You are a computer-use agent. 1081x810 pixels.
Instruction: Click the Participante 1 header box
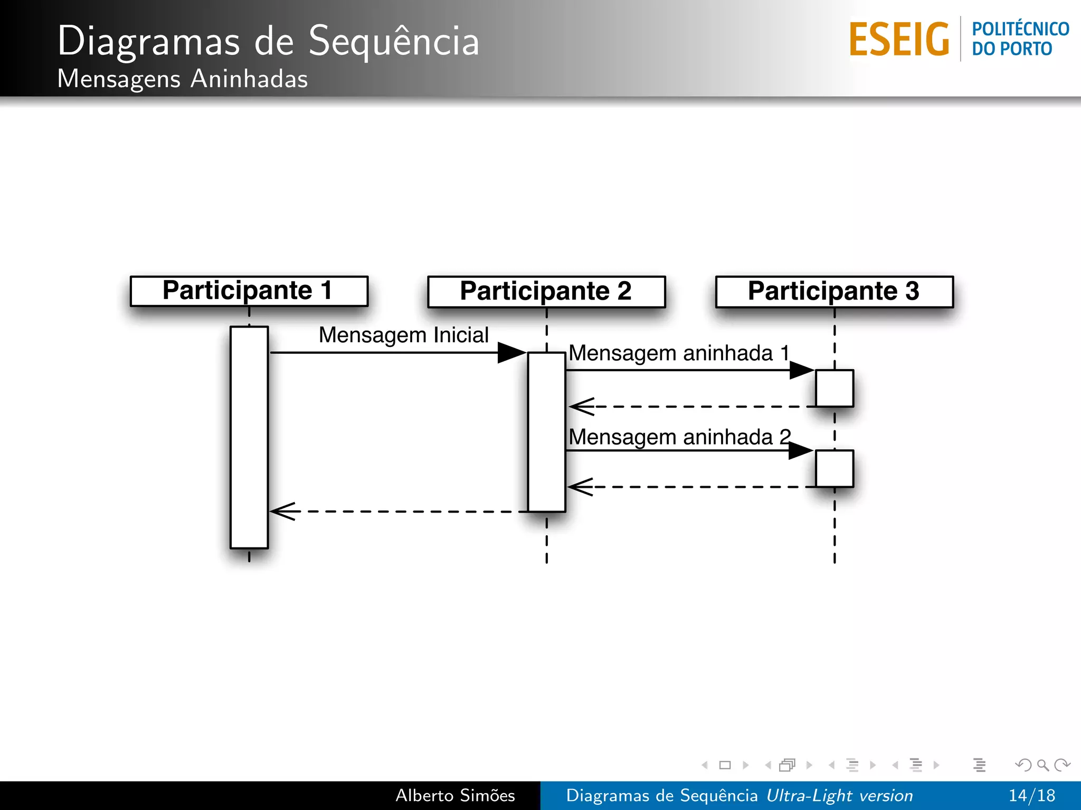tap(249, 291)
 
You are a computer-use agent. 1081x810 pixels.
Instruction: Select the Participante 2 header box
tap(546, 292)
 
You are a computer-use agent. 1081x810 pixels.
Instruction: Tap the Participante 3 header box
tap(834, 292)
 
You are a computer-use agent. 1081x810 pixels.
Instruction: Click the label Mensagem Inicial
tap(404, 335)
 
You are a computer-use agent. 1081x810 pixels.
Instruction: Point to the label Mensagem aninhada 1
tap(679, 353)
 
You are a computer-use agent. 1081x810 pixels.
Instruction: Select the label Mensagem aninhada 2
tap(679, 437)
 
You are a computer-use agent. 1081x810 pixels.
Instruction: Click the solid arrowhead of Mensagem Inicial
tap(511, 352)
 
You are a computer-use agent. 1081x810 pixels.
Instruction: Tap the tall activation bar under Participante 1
tap(249, 438)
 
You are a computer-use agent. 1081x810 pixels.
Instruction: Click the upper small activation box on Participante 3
tap(834, 388)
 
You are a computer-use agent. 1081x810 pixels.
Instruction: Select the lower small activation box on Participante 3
tap(834, 468)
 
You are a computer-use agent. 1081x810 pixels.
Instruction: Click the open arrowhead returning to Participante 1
tap(283, 511)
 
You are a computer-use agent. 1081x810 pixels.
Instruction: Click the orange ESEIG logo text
tap(899, 40)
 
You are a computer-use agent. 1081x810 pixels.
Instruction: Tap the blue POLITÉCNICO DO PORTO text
tap(1020, 38)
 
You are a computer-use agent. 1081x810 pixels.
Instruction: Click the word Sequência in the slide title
tap(394, 41)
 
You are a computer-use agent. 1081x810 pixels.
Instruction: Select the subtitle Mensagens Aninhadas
tap(182, 79)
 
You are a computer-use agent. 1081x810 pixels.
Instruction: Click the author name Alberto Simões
tap(455, 795)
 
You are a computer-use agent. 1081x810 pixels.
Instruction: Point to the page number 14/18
tap(1031, 795)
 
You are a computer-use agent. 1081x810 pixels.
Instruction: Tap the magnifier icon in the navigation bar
tap(1042, 765)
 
